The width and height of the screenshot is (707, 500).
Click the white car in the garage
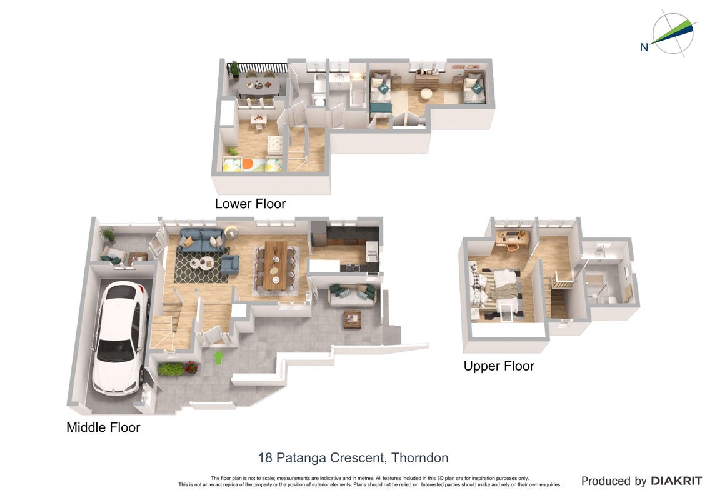click(x=120, y=338)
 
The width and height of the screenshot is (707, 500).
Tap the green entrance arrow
click(x=219, y=357)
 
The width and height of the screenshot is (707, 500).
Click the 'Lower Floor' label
click(x=250, y=204)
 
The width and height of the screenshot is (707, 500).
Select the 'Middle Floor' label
click(x=103, y=427)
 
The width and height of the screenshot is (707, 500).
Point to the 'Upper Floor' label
click(x=499, y=366)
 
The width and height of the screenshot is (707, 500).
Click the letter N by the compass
click(x=644, y=47)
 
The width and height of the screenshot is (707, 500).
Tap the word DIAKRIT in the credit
click(x=676, y=481)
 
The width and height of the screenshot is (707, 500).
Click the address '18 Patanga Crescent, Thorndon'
click(x=353, y=458)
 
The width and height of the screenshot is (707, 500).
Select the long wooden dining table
click(x=275, y=265)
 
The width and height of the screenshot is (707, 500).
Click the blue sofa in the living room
click(x=201, y=240)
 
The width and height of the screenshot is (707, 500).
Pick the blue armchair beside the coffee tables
click(x=230, y=265)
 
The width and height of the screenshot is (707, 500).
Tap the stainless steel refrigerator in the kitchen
click(x=318, y=233)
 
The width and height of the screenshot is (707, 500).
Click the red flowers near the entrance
click(x=191, y=367)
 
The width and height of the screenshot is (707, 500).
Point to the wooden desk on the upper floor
click(x=511, y=237)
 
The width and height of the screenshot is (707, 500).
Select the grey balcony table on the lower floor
click(x=259, y=86)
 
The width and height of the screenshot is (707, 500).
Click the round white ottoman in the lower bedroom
click(x=426, y=94)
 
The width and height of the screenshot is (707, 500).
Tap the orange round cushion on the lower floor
click(x=248, y=164)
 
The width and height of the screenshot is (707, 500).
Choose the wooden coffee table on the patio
click(x=352, y=319)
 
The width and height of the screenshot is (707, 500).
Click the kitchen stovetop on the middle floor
click(x=353, y=267)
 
